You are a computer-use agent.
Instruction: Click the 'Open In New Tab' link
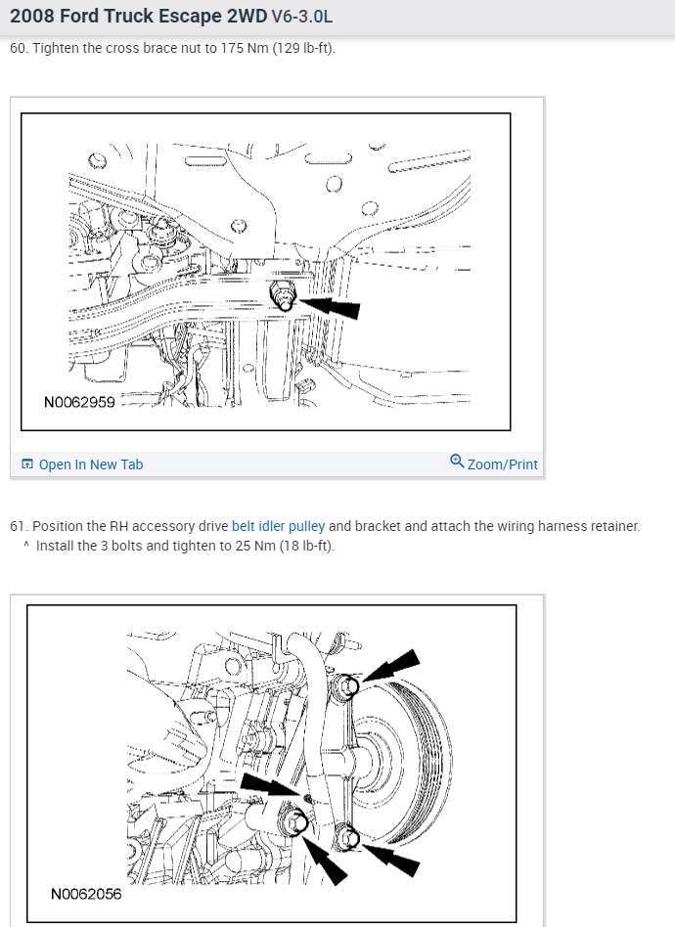[91, 464]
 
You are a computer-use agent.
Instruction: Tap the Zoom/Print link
[502, 464]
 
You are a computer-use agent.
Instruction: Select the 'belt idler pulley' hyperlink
[278, 526]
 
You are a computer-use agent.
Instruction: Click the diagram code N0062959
[79, 403]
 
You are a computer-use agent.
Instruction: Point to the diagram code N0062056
[86, 894]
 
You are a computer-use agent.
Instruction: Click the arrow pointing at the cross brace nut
[329, 307]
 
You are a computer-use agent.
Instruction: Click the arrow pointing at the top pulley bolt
[391, 666]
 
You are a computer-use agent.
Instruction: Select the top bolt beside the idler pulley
[348, 685]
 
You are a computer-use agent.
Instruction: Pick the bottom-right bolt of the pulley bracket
[348, 838]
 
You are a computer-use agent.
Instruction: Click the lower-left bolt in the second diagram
[294, 821]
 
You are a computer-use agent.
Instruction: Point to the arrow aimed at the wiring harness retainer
[271, 785]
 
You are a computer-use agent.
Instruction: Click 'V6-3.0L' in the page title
[301, 16]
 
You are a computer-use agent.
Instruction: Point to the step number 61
[18, 526]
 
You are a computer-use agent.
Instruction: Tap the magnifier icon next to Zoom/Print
[457, 461]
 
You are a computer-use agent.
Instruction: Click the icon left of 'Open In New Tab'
[27, 464]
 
